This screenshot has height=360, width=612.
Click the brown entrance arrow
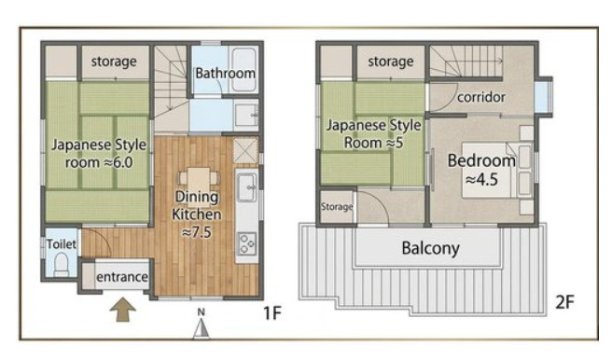point(123,310)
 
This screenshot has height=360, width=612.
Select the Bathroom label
point(225,73)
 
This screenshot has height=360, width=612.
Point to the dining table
point(199,185)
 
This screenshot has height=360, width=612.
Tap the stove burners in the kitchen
point(246,243)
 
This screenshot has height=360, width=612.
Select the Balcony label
point(430,248)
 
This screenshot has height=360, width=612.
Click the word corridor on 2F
point(480,97)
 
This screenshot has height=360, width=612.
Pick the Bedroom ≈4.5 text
point(481,170)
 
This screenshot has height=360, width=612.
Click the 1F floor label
point(272,312)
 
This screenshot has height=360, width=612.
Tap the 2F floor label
point(564,301)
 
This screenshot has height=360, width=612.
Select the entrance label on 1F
point(122,277)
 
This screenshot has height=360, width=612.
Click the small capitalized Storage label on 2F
point(337,206)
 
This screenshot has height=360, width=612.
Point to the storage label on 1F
point(114,62)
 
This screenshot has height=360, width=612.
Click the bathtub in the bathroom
point(243,70)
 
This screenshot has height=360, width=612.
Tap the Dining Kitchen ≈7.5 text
point(197,215)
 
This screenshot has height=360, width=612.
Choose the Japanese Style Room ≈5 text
point(373,133)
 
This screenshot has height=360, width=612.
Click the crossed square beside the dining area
point(245,150)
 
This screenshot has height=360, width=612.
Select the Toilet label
point(62,244)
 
